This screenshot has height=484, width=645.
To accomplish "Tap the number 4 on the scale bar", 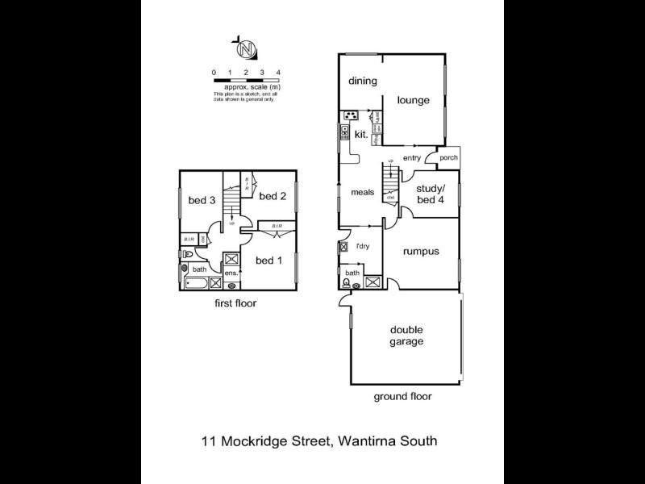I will pos(278,73).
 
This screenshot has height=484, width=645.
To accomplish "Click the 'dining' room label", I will pos(363,81).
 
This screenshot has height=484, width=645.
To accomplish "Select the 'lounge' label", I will pos(413,101).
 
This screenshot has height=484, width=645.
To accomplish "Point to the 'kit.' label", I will pos(362,136).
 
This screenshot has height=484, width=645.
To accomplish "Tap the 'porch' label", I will pos(448,158).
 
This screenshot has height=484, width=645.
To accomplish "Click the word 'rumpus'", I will pos(421,251).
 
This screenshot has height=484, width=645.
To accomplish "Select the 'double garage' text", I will pos(407,336).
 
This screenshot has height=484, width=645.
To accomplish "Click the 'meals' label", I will pos(362,193).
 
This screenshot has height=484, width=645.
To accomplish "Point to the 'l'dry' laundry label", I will pos(362,246).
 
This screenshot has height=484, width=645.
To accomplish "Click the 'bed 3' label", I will pos(201,201).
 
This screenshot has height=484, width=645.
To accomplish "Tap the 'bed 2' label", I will pos(273,196).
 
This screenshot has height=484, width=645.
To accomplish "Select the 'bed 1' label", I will pos(268,260).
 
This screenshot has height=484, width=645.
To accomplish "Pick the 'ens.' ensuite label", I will pos(230,273).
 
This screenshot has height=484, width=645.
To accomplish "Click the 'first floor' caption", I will pos(235,303).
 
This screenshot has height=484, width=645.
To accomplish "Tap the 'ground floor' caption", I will pos(402,396).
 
